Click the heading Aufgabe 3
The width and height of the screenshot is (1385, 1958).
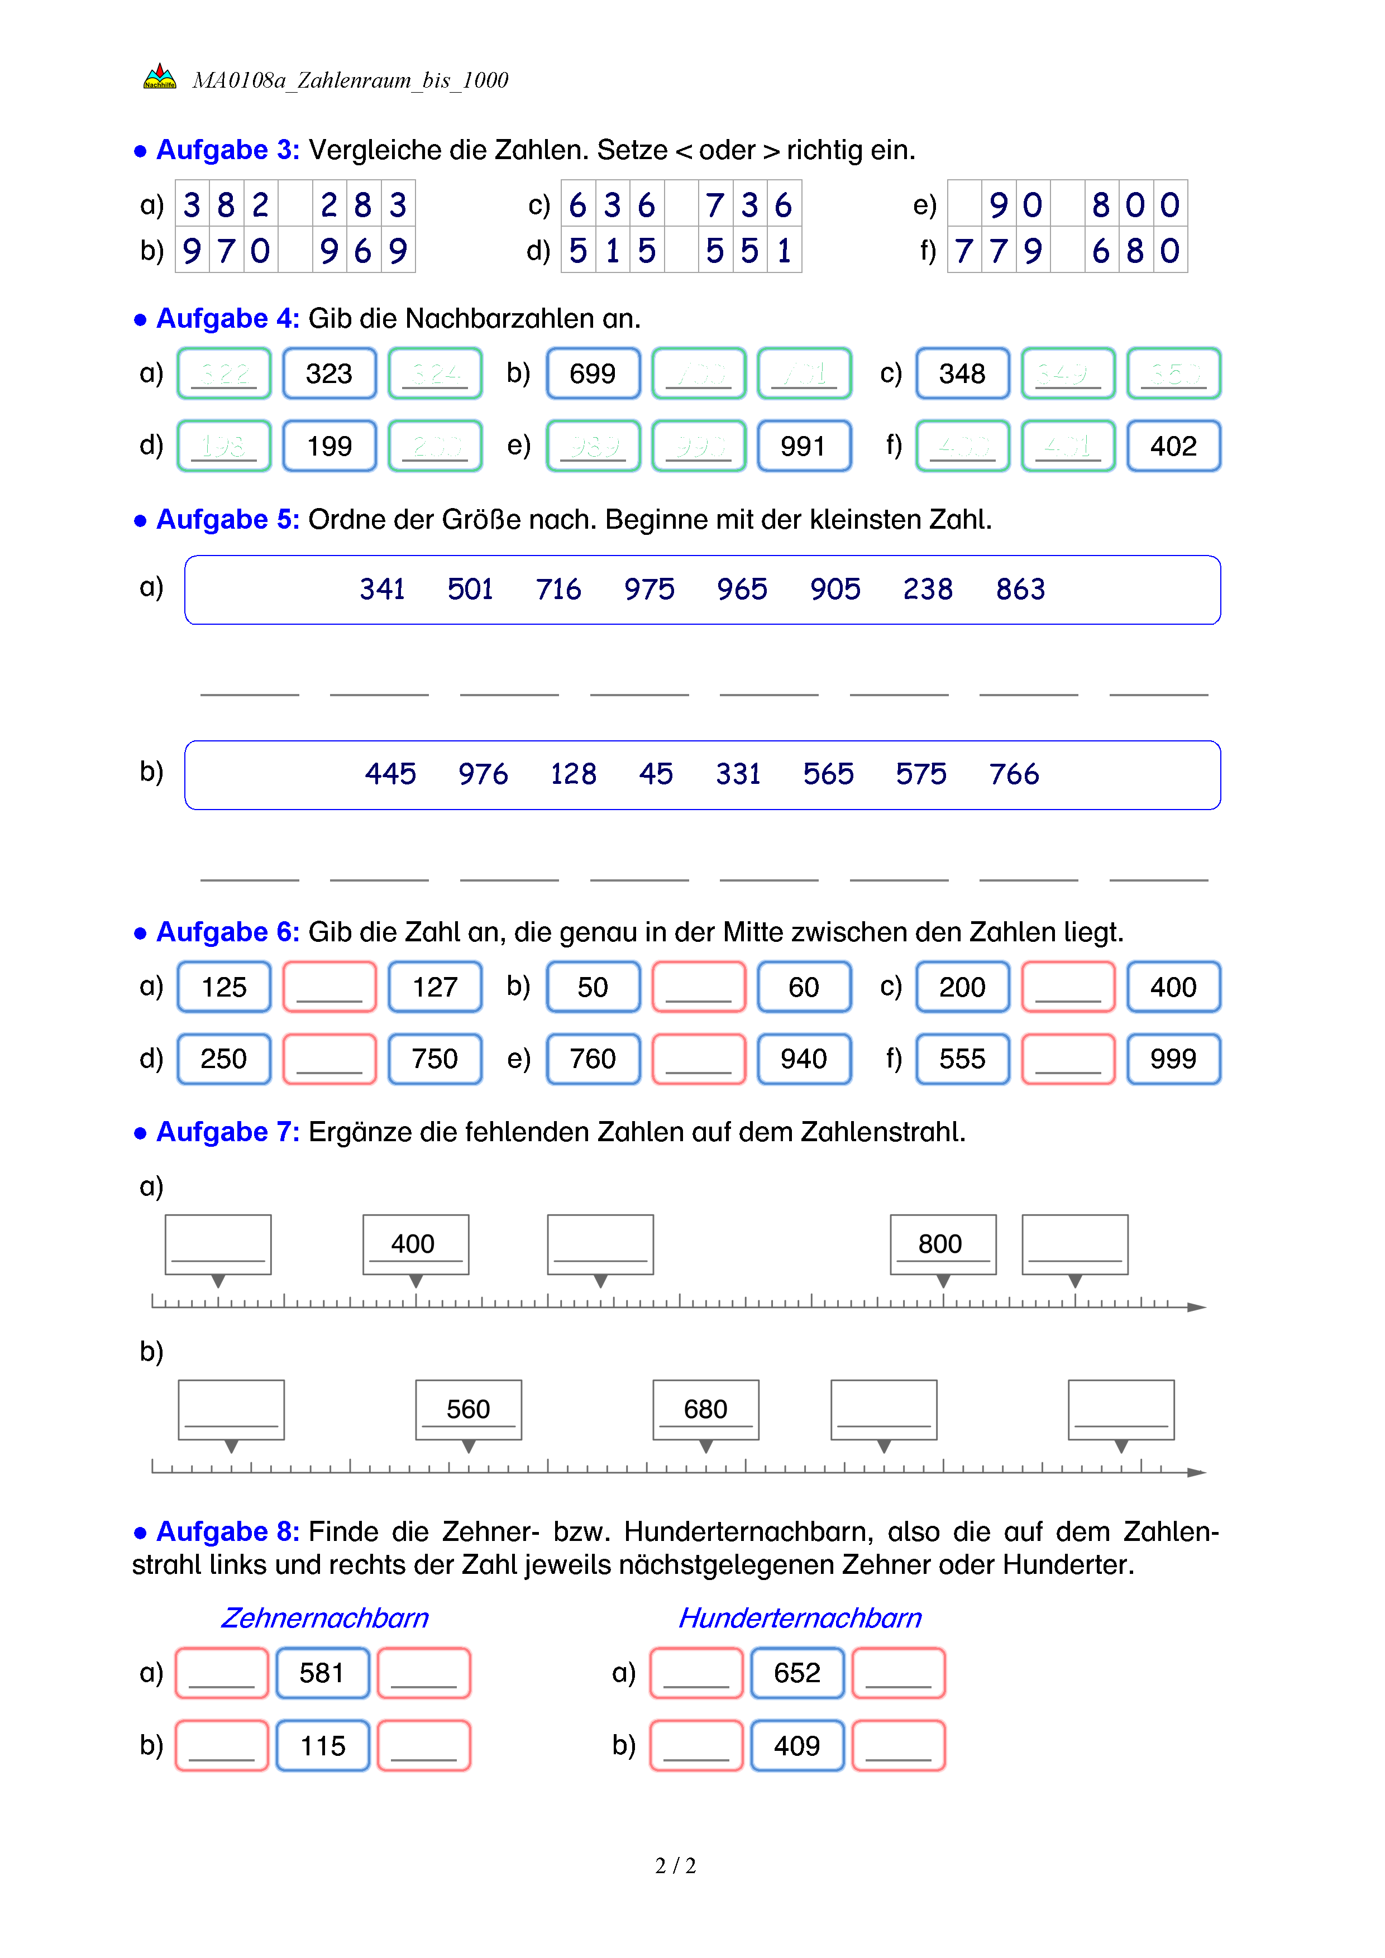227,150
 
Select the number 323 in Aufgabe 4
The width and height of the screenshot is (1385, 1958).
329,374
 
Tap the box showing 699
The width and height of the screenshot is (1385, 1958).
593,374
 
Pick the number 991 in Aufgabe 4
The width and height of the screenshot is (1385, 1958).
804,446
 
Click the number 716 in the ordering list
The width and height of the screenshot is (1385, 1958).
558,589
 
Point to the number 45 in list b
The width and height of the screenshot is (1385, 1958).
656,774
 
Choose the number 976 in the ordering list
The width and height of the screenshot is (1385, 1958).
483,774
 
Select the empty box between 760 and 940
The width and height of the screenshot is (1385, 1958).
699,1059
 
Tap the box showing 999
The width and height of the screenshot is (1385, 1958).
1173,1059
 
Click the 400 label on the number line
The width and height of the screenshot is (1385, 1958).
415,1244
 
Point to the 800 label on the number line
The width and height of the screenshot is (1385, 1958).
942,1244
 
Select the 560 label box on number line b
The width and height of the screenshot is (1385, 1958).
468,1410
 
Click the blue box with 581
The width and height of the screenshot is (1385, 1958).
322,1673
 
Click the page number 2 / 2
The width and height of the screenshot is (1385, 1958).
675,1866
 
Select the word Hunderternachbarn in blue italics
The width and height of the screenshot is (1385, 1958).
799,1618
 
